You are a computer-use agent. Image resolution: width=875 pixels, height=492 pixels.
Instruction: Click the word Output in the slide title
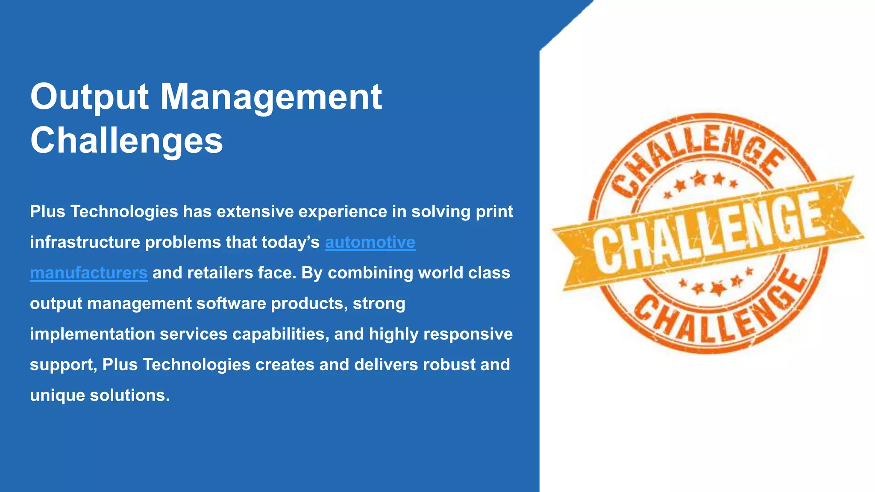point(89,97)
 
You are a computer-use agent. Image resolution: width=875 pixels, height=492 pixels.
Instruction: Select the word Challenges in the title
point(126,141)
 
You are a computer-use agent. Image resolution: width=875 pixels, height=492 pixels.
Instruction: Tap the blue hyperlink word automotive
point(370,242)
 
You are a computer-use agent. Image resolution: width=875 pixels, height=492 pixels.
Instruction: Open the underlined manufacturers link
point(89,273)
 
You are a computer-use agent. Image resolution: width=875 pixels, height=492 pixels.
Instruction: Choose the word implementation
point(92,334)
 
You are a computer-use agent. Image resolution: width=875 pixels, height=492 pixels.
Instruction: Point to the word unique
point(57,395)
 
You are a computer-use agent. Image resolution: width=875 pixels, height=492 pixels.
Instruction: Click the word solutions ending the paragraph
point(129,395)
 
